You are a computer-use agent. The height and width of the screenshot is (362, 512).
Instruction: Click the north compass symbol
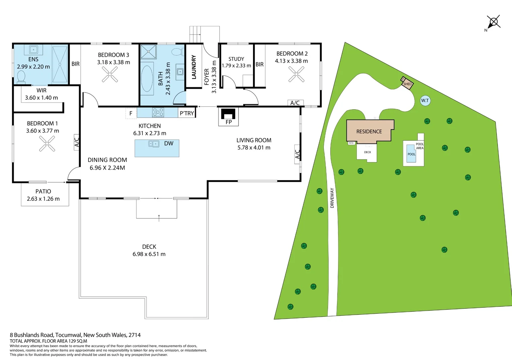click(x=494, y=22)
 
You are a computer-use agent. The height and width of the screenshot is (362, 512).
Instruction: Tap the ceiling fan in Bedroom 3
click(x=110, y=74)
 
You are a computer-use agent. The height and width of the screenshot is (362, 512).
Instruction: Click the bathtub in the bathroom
click(x=147, y=79)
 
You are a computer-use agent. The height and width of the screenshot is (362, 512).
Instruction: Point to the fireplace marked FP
click(x=229, y=114)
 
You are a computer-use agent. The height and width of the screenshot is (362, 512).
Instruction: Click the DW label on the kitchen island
click(x=169, y=143)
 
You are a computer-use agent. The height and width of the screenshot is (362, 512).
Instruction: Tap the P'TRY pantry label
click(x=187, y=113)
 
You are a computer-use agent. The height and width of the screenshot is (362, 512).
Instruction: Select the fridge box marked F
click(x=131, y=113)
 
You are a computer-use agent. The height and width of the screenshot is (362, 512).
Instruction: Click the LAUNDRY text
click(x=194, y=67)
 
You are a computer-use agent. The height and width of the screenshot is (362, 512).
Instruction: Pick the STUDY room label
click(x=236, y=59)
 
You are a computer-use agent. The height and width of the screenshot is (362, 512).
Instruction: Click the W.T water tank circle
click(x=425, y=101)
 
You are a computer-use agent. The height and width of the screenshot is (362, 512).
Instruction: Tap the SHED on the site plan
click(x=407, y=83)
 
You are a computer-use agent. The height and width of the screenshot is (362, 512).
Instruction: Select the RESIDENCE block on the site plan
click(x=369, y=131)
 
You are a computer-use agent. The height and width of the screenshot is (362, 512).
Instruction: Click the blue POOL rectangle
click(x=411, y=154)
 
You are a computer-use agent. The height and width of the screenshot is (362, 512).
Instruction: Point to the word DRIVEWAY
click(x=332, y=198)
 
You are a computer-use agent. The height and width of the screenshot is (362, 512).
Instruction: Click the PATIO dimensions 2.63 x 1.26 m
click(x=43, y=199)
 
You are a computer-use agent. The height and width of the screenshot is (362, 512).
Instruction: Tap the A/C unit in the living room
click(x=297, y=154)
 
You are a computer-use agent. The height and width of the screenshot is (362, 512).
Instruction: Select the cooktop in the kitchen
click(x=158, y=112)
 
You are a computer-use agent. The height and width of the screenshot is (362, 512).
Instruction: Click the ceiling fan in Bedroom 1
click(x=47, y=144)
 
